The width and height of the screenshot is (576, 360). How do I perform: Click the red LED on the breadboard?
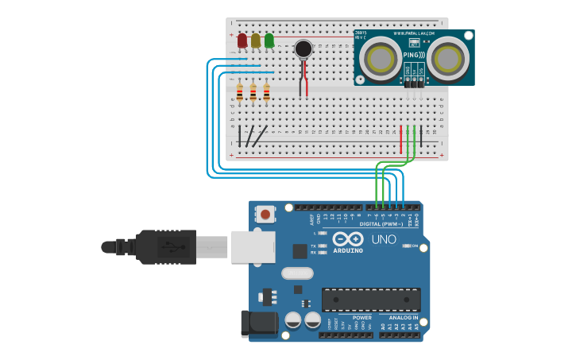coord(242,40)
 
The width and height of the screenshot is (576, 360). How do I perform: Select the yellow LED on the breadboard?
coord(255,40)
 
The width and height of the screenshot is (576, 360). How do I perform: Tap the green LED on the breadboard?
coord(269,40)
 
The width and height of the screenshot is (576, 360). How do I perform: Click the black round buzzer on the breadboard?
coord(303,49)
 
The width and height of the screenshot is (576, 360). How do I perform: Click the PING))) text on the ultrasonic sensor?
coord(412,55)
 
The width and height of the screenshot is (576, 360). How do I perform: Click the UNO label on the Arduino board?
coord(384,239)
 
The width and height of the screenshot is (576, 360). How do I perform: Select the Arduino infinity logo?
coord(348,238)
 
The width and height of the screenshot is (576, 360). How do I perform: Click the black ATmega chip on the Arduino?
coord(370,300)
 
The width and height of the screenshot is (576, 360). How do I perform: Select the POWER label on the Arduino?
coord(361,317)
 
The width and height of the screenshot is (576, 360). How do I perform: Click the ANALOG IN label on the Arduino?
coord(404,317)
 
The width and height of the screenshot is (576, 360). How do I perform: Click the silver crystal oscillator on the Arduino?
coord(297,273)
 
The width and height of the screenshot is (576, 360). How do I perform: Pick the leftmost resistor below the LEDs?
coord(240,94)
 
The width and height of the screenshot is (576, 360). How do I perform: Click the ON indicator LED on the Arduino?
coord(408,246)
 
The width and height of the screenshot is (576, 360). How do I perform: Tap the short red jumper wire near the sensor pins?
coord(401,138)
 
